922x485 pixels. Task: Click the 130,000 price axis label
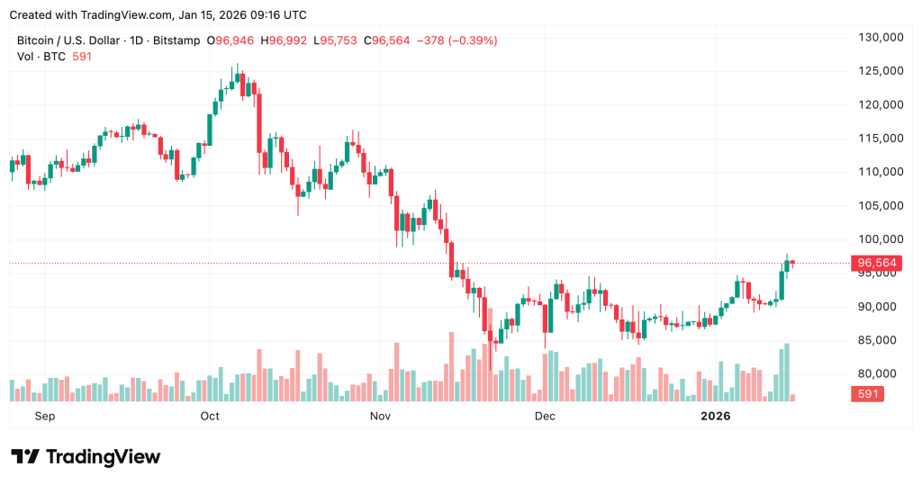coord(880,37)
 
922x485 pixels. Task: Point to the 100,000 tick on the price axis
coord(880,239)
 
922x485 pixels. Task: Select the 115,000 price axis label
coord(880,139)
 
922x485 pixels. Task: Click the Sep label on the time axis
coord(44,416)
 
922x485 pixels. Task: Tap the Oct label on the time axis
coord(210,416)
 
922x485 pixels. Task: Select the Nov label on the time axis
coord(380,416)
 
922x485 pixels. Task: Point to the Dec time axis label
coord(544,416)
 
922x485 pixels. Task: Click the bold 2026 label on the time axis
coord(716,416)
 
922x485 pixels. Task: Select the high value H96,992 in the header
coord(288,40)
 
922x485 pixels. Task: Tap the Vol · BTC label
coord(41,57)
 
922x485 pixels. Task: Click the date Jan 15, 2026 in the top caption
coord(215,15)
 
